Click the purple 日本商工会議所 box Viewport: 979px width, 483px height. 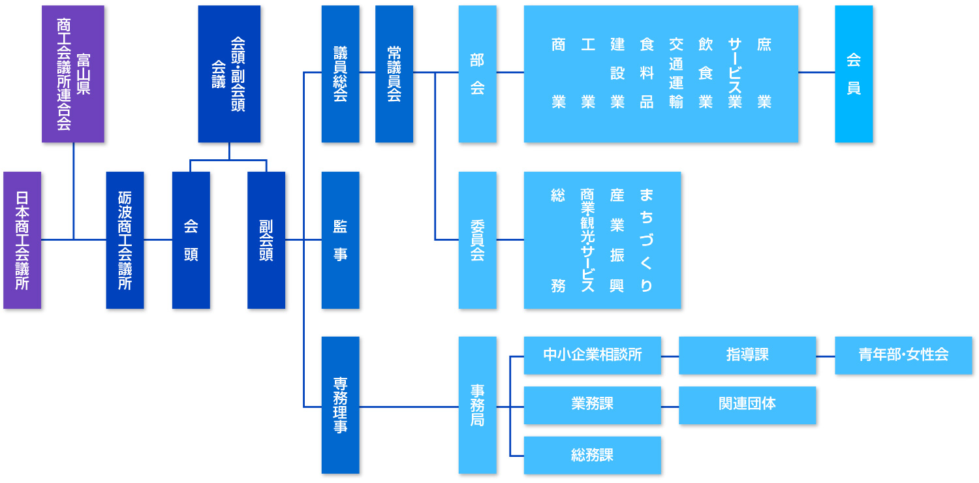coord(22,240)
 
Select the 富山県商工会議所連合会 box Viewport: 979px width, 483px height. coord(73,74)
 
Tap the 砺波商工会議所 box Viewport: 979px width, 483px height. coord(125,240)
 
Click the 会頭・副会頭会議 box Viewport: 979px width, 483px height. coord(229,74)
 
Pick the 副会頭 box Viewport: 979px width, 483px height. coord(266,240)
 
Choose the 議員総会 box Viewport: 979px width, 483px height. coord(340,74)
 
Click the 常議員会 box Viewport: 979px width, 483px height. coord(394,74)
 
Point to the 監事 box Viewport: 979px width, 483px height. coord(340,240)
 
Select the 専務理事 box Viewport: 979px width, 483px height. coord(340,405)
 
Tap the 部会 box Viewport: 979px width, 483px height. coord(477,74)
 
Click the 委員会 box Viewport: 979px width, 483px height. coord(477,240)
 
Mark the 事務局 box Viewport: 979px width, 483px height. coord(477,405)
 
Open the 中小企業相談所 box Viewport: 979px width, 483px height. coord(592,355)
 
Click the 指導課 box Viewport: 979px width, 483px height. coord(747,355)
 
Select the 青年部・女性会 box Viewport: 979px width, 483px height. coord(903,355)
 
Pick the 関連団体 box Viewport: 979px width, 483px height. coord(747,405)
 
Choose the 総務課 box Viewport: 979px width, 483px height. coord(592,455)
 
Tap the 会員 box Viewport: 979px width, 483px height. coord(854,74)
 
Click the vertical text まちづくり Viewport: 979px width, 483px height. coord(646,240)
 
